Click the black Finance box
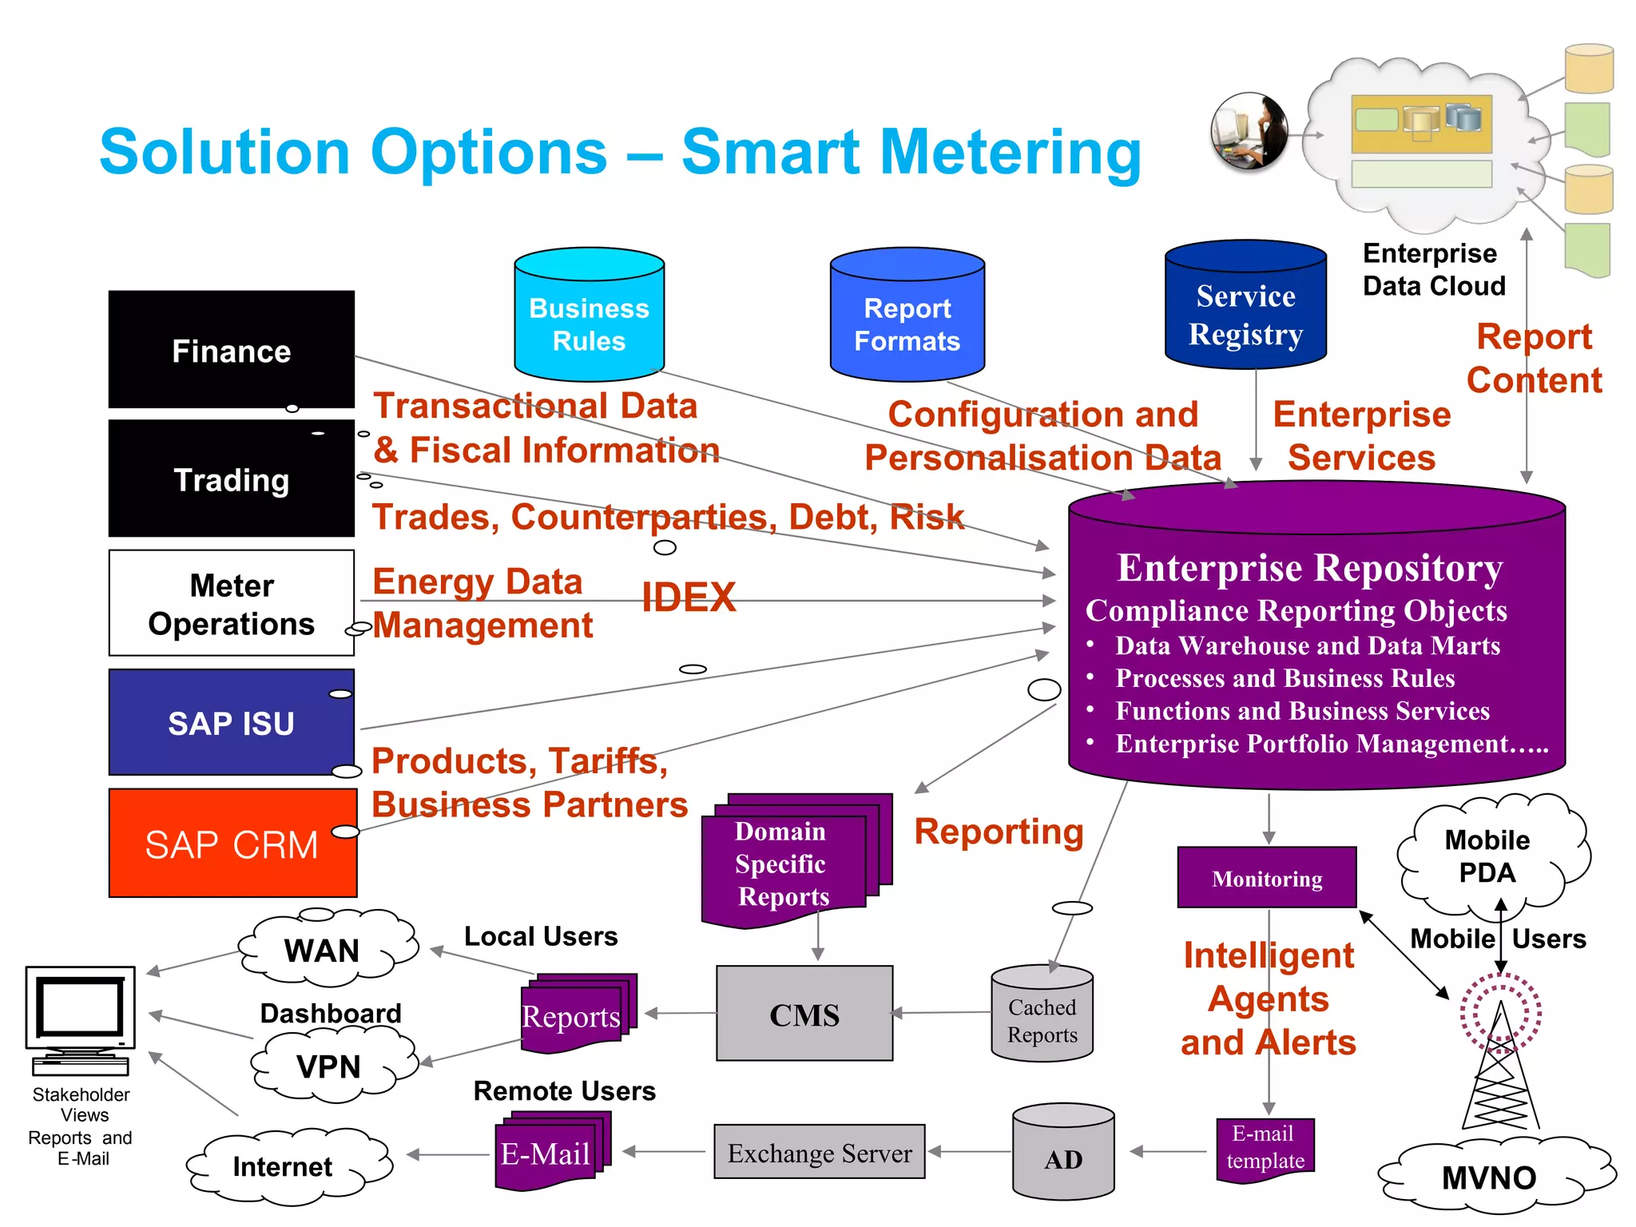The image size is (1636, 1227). pos(231,350)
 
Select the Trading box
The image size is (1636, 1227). pos(231,479)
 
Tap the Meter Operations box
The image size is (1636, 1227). pos(231,603)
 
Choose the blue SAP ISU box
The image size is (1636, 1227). pos(231,722)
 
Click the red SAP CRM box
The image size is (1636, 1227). pos(232,844)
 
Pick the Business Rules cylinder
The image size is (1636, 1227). pos(589,320)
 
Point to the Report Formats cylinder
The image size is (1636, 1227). pos(907,320)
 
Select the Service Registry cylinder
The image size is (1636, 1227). pos(1245,312)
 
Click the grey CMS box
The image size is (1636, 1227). pos(804,1014)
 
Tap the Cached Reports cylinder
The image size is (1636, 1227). pos(1042,1019)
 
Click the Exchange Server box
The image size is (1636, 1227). pos(819,1152)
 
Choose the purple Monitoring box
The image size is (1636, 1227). pos(1266,878)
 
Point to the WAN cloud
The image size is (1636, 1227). pos(324,949)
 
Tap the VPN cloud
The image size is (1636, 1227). pos(329,1066)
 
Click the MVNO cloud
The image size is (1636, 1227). pos(1489,1177)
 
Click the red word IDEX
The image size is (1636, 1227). pos(689,598)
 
